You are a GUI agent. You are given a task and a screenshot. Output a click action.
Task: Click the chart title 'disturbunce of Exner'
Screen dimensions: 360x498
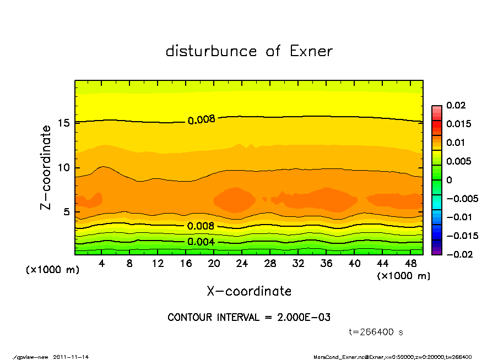(x=249, y=51)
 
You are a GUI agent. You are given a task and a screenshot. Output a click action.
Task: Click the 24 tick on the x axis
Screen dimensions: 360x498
(x=242, y=264)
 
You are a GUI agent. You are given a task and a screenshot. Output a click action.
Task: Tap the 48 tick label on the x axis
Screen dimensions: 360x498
(x=410, y=264)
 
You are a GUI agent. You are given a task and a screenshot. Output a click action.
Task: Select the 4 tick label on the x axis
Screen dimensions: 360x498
(x=102, y=264)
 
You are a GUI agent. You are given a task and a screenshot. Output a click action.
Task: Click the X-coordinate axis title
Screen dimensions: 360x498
(x=249, y=291)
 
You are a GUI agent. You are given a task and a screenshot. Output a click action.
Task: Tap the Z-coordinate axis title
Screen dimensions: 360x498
(x=46, y=167)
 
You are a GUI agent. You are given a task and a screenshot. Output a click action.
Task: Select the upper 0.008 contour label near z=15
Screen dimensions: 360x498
(x=201, y=119)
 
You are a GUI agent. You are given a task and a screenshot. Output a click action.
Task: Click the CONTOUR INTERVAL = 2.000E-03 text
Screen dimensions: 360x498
(x=249, y=318)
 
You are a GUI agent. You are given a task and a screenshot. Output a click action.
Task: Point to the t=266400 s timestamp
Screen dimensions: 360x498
(x=376, y=332)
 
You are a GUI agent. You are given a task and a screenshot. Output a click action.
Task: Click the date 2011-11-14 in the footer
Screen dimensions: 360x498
(x=71, y=357)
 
